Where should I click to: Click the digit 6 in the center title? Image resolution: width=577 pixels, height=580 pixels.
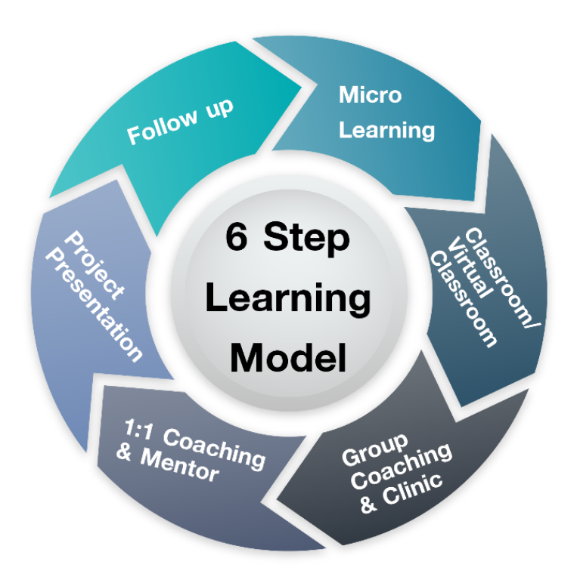[236, 239]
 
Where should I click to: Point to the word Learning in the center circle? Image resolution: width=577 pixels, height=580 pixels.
[288, 298]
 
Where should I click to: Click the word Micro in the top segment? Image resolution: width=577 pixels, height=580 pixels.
[370, 96]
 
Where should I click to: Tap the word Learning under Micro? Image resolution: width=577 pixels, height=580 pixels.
[386, 128]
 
